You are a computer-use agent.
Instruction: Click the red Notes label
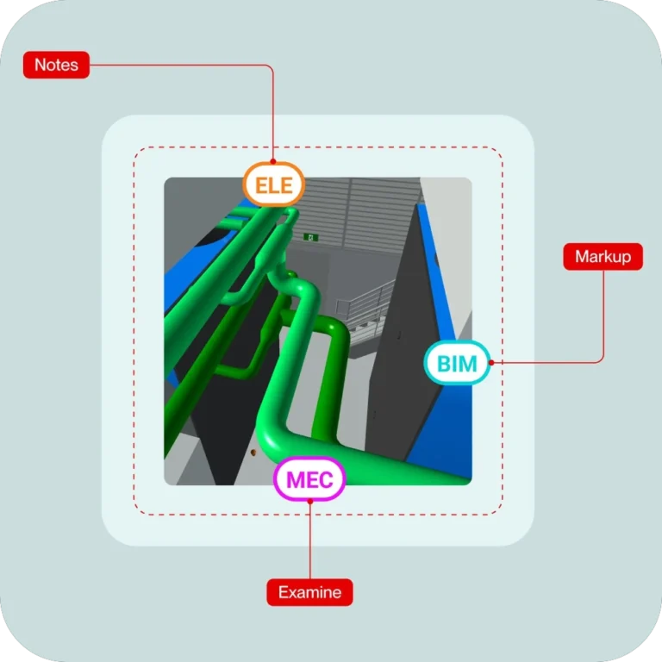tap(56, 66)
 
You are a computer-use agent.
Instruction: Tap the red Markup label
tap(603, 257)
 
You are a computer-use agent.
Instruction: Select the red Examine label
tap(309, 592)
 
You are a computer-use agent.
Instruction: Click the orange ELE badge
tap(273, 184)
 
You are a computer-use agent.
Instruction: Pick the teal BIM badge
tap(457, 363)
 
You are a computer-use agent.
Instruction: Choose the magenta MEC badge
tap(309, 480)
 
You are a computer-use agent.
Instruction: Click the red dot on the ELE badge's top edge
tap(273, 163)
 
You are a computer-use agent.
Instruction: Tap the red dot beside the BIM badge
tap(490, 363)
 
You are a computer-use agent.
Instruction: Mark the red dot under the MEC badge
tap(309, 502)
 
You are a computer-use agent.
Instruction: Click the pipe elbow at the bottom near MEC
tap(274, 440)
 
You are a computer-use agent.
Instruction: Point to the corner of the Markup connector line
tap(603, 362)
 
